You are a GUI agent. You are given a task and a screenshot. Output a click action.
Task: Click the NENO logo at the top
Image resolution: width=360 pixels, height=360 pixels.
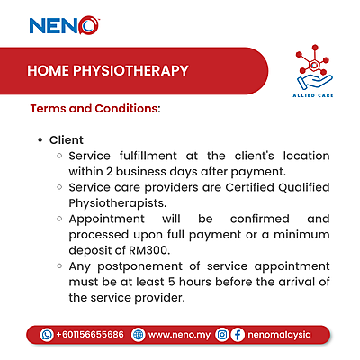coord(65,24)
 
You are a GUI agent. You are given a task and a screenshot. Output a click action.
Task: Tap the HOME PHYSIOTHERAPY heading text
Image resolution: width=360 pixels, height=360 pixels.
coord(107,70)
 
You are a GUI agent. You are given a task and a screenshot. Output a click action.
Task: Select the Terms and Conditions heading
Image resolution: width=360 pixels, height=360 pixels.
coord(95,109)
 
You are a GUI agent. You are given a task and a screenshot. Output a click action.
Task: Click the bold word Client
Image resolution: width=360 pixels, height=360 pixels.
coord(67,140)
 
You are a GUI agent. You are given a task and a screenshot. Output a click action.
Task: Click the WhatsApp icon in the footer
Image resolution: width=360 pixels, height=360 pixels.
coord(47,334)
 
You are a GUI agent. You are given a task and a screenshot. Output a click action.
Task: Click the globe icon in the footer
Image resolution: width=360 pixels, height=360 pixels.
coord(138,334)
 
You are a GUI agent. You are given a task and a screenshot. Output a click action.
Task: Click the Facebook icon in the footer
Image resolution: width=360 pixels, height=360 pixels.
coord(238,334)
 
